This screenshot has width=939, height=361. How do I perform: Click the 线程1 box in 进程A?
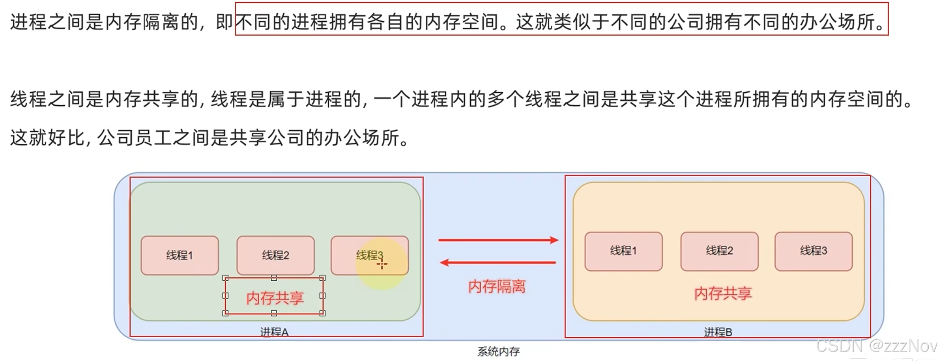(180, 255)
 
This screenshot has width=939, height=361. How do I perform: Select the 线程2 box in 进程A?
(275, 255)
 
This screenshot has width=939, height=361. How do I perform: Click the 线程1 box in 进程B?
(623, 251)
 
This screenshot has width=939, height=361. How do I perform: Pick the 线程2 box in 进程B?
(719, 251)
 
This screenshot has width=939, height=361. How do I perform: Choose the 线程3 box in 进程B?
(814, 251)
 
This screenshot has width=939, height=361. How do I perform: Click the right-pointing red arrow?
(498, 240)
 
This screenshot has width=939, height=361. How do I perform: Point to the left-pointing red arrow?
(498, 262)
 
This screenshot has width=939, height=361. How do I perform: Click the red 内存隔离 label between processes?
(497, 286)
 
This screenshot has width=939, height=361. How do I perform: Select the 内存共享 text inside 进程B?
(723, 294)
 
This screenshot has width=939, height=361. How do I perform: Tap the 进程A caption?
(274, 332)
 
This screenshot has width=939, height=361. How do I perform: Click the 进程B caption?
(718, 332)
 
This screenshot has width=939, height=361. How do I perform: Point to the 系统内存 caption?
(498, 351)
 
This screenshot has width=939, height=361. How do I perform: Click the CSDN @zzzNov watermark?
(876, 346)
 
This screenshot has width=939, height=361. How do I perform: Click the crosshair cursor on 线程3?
(382, 264)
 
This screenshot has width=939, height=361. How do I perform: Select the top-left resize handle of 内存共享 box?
(226, 278)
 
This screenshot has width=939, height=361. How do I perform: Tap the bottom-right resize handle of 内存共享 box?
(322, 313)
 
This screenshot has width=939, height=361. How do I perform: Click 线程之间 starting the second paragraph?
(47, 99)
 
